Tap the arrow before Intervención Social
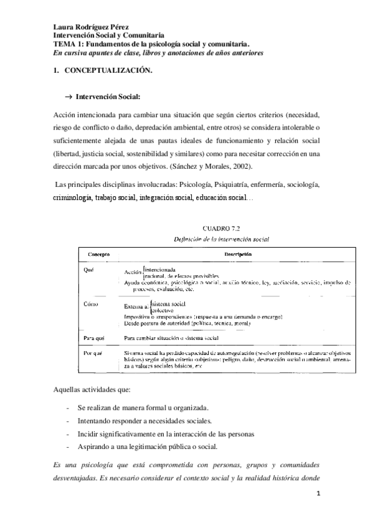(x=68, y=98)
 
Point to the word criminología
(x=73, y=197)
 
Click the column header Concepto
(x=98, y=253)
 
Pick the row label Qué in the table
(x=88, y=271)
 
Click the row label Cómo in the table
(x=91, y=304)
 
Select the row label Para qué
(x=93, y=337)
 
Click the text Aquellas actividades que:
(x=92, y=390)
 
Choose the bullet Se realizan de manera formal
(x=143, y=407)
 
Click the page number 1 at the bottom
(x=318, y=494)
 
